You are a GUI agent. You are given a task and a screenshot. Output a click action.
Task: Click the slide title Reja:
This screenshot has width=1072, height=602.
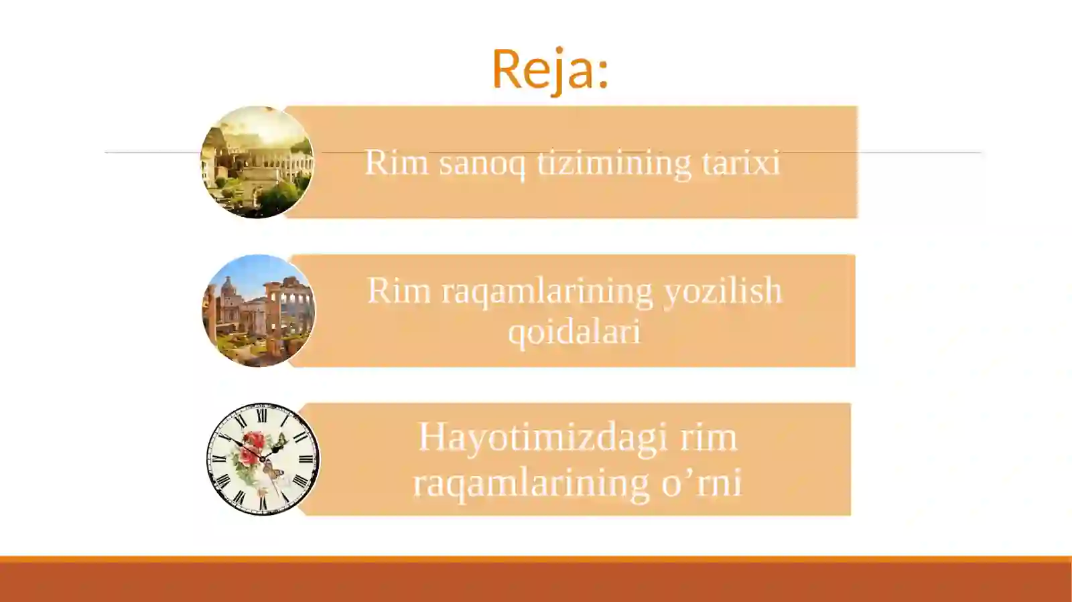[x=549, y=68]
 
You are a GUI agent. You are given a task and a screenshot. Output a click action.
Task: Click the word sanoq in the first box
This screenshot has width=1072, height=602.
[x=482, y=162]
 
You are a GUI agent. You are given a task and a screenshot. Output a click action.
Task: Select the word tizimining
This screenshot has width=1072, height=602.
[x=613, y=162]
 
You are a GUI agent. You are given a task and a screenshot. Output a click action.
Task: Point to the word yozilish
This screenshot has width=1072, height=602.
[x=723, y=291]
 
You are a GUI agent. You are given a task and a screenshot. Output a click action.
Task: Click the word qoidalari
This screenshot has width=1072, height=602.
[x=574, y=331]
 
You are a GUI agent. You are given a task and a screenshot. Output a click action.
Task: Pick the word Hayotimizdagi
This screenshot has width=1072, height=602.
[x=543, y=438]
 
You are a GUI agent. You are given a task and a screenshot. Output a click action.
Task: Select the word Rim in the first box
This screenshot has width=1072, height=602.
[x=396, y=162]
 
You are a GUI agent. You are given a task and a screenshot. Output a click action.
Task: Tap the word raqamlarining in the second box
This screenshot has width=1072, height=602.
[x=547, y=292]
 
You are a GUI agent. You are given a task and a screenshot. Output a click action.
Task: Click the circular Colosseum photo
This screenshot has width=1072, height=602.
[x=257, y=162]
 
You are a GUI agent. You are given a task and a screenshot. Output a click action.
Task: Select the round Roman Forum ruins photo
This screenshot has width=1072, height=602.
[x=258, y=311]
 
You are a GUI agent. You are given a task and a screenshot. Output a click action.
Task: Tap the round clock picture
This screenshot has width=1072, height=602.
[x=263, y=459]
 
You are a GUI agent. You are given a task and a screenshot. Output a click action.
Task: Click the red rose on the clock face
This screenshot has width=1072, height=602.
[x=254, y=442]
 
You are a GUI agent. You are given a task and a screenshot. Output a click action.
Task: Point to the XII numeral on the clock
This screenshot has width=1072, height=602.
[x=262, y=416]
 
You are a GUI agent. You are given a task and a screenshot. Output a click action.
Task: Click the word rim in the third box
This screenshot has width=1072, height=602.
[x=708, y=438]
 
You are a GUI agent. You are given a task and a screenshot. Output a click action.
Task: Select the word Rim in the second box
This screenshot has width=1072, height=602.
[x=399, y=291]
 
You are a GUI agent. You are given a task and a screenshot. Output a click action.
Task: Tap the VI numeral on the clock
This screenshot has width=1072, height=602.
[x=263, y=503]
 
